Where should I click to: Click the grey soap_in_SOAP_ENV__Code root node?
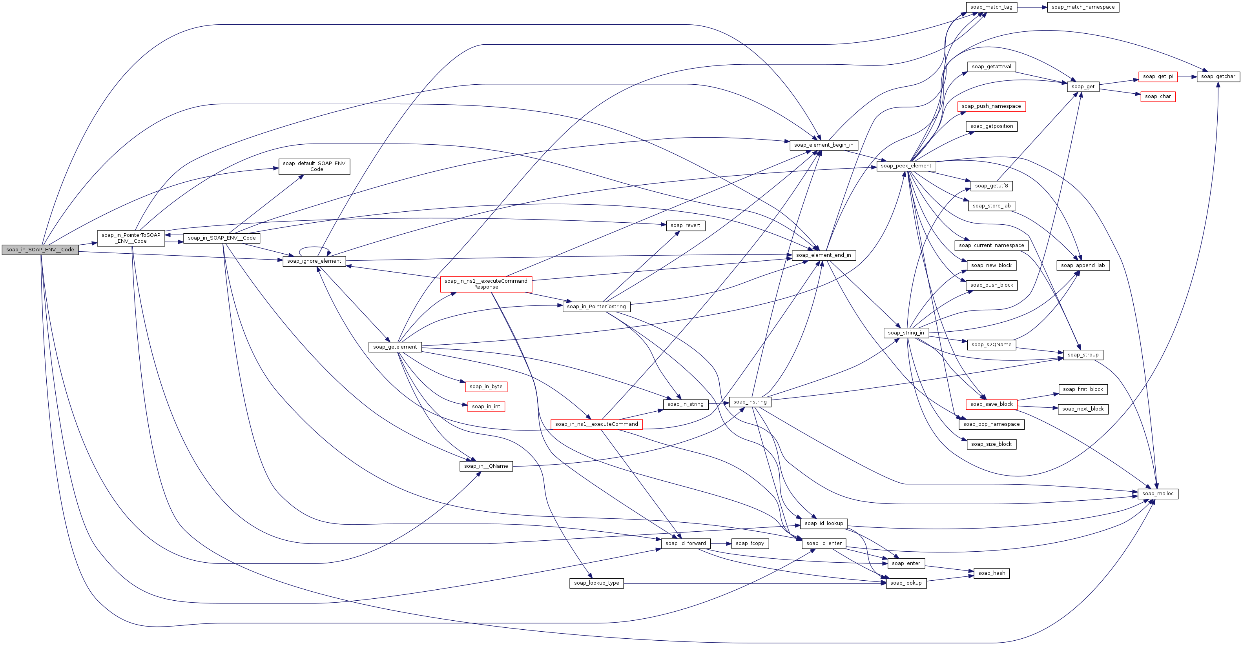point(40,249)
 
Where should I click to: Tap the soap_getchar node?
point(1218,76)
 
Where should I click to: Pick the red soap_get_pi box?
point(1158,76)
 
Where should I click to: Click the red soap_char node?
point(1158,97)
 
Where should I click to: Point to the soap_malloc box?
point(1158,494)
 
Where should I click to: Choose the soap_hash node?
point(991,573)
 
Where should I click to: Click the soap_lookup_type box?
point(596,583)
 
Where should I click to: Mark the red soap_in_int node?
point(486,407)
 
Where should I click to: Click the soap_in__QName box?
point(485,466)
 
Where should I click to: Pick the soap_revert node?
point(685,225)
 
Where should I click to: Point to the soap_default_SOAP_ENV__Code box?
point(314,166)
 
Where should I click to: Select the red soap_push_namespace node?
point(991,107)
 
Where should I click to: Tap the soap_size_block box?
point(991,444)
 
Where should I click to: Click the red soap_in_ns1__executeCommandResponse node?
point(485,284)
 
